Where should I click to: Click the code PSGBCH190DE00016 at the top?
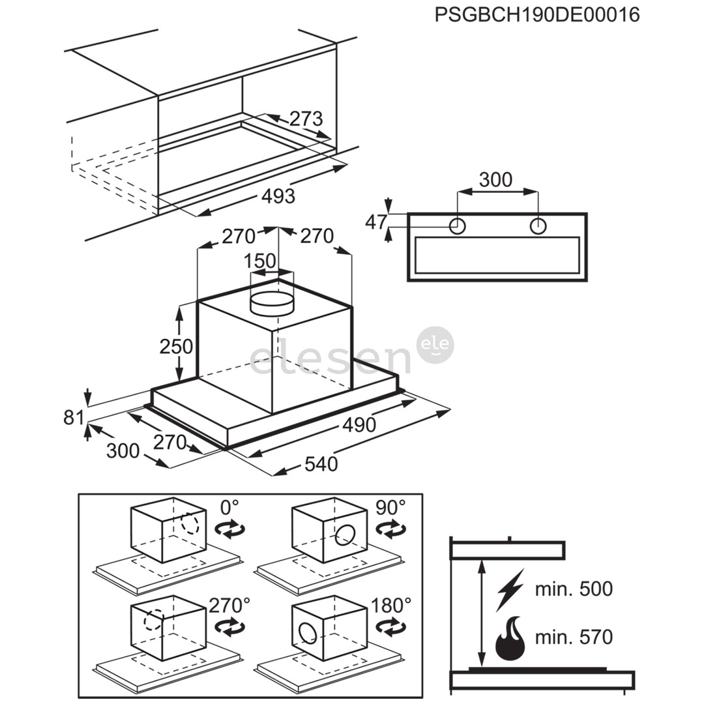(537, 15)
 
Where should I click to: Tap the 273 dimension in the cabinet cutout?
(306, 119)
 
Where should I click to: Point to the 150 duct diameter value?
(259, 261)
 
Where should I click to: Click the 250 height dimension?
(176, 346)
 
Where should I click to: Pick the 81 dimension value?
(73, 418)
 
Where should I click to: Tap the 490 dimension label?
(359, 425)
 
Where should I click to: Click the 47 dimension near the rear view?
(376, 222)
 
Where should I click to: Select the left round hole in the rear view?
(458, 226)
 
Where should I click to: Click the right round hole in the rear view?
(538, 226)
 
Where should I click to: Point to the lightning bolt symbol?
(510, 589)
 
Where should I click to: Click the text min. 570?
(574, 637)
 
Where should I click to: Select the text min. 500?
(574, 589)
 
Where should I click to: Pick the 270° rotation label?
(229, 605)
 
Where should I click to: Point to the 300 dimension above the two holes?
(495, 179)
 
